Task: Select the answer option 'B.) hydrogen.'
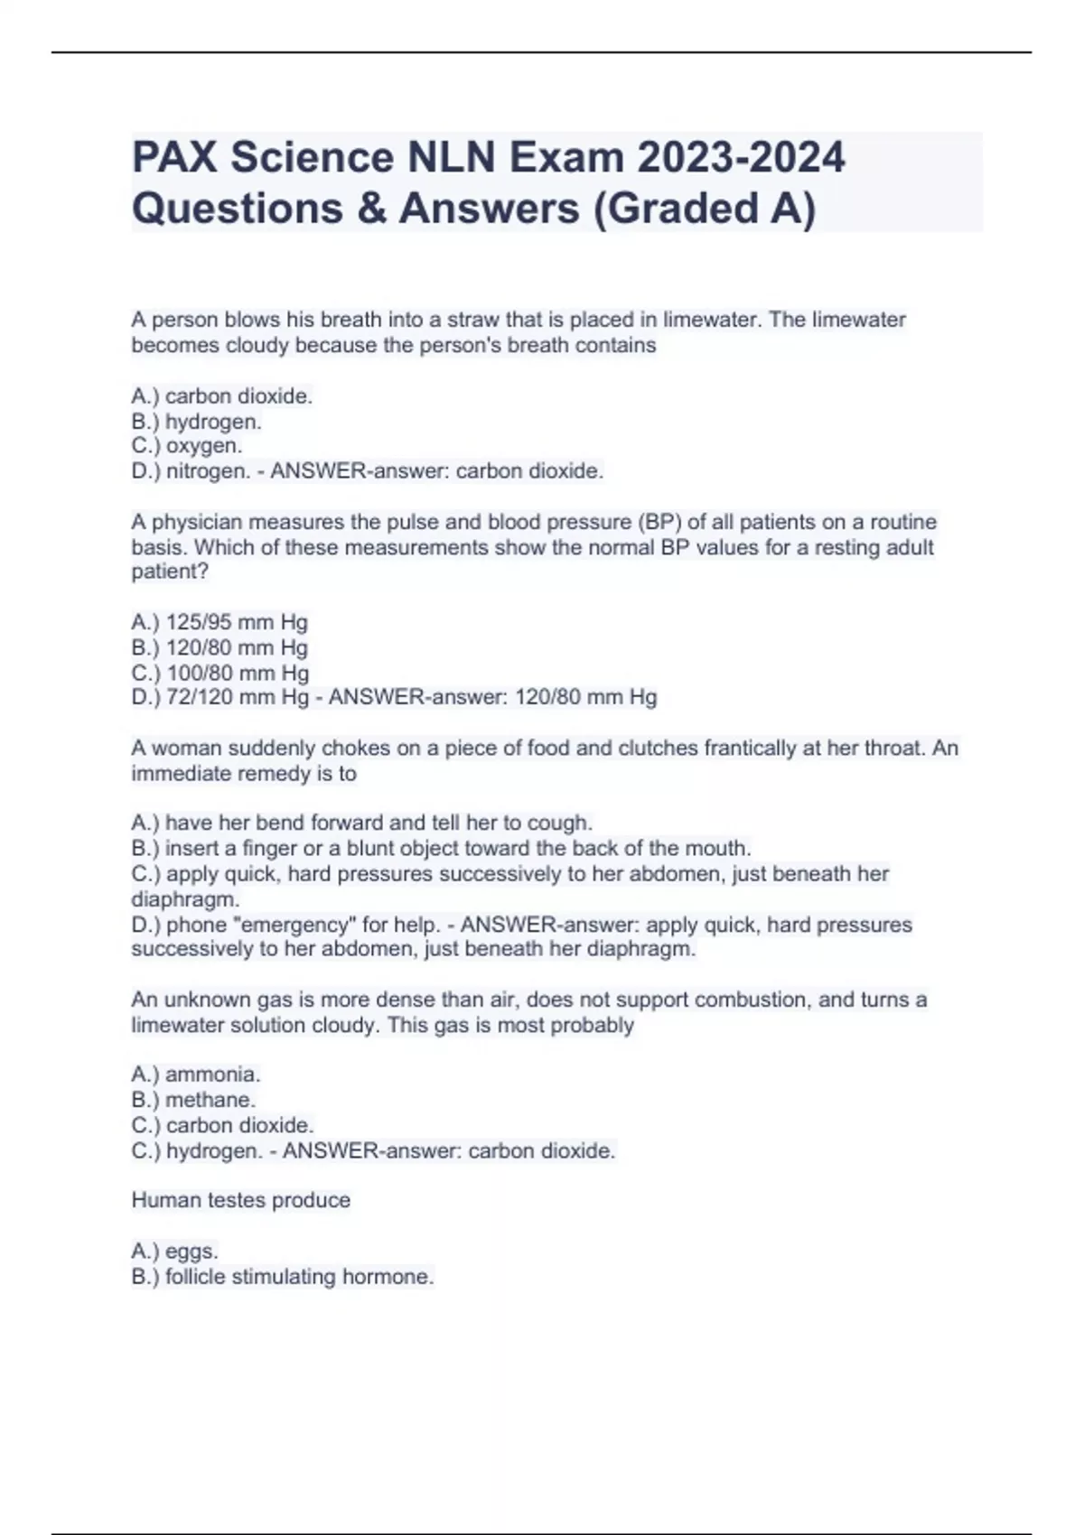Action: [196, 422]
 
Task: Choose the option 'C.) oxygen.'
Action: [186, 446]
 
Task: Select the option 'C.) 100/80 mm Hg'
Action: [220, 673]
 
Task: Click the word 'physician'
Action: [197, 522]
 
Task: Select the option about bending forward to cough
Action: [361, 823]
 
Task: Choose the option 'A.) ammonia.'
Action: [195, 1074]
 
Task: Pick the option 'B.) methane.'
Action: [193, 1100]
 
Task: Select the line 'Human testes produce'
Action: [240, 1200]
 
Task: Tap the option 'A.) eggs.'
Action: [174, 1251]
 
